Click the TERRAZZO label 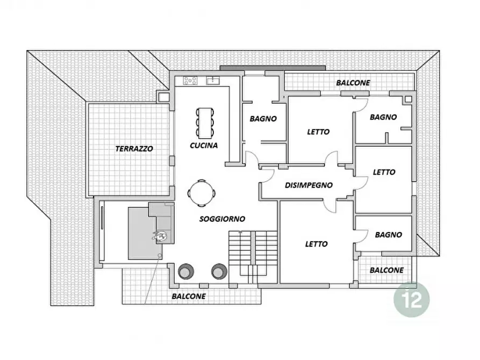(134, 149)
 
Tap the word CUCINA (204, 146)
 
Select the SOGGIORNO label (222, 219)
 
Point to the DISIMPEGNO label (309, 185)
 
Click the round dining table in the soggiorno (201, 193)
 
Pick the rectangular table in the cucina (205, 122)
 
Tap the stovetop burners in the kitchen (190, 81)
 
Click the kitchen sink (213, 81)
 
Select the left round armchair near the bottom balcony (186, 271)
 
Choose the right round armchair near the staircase (219, 271)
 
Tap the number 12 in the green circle (412, 300)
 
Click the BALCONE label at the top (353, 83)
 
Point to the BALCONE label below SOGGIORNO (189, 296)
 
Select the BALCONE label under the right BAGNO (386, 270)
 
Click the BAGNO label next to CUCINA (263, 119)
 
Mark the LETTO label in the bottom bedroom (316, 244)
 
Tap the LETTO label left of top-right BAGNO (318, 132)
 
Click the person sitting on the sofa (160, 236)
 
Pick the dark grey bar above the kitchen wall (273, 68)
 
